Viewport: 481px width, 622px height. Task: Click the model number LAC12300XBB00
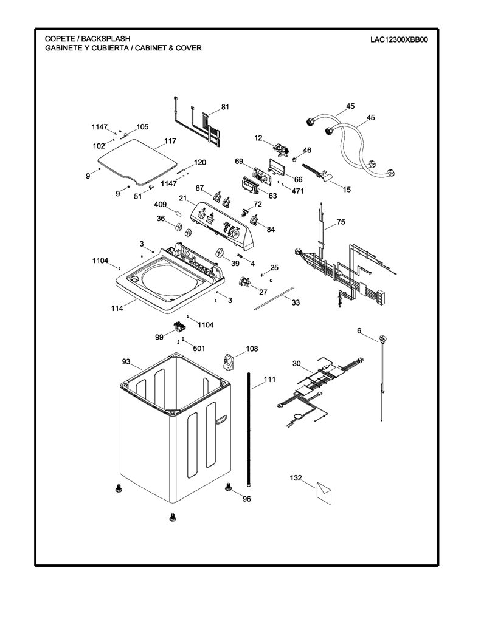coord(399,39)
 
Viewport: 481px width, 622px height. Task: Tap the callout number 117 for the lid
coord(170,141)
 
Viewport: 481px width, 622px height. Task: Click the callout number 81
coord(225,107)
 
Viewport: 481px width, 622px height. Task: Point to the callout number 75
coord(341,222)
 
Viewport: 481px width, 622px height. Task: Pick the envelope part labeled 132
coord(324,493)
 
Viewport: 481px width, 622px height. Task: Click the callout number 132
coord(296,478)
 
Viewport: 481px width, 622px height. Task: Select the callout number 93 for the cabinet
coord(126,361)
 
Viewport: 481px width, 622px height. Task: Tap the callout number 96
coord(247,499)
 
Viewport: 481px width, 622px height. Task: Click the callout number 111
coord(269,380)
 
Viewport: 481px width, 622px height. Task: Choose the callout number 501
coord(199,348)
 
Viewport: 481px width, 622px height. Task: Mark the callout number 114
coord(117,308)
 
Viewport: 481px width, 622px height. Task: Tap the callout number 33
coord(296,302)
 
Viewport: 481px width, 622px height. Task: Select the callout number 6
coord(359,331)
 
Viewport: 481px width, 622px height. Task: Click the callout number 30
coord(297,363)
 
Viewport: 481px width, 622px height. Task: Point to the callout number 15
coord(347,190)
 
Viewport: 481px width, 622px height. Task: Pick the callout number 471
coord(297,191)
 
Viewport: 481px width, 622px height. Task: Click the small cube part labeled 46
coord(295,160)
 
